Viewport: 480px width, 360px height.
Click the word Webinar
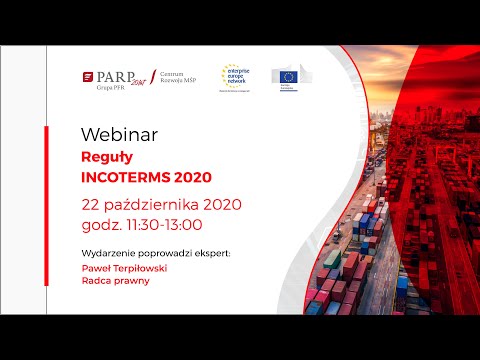(x=113, y=133)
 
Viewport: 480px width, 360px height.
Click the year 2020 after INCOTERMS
(x=193, y=178)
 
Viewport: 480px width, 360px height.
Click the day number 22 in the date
(x=92, y=205)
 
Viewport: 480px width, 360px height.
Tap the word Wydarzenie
(x=106, y=252)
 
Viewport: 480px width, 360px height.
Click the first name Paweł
(x=96, y=269)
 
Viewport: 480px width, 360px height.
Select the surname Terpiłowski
(x=141, y=269)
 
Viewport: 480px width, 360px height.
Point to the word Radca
(x=96, y=281)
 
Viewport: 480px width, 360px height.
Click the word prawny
(x=131, y=281)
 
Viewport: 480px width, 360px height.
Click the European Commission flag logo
(x=289, y=76)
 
